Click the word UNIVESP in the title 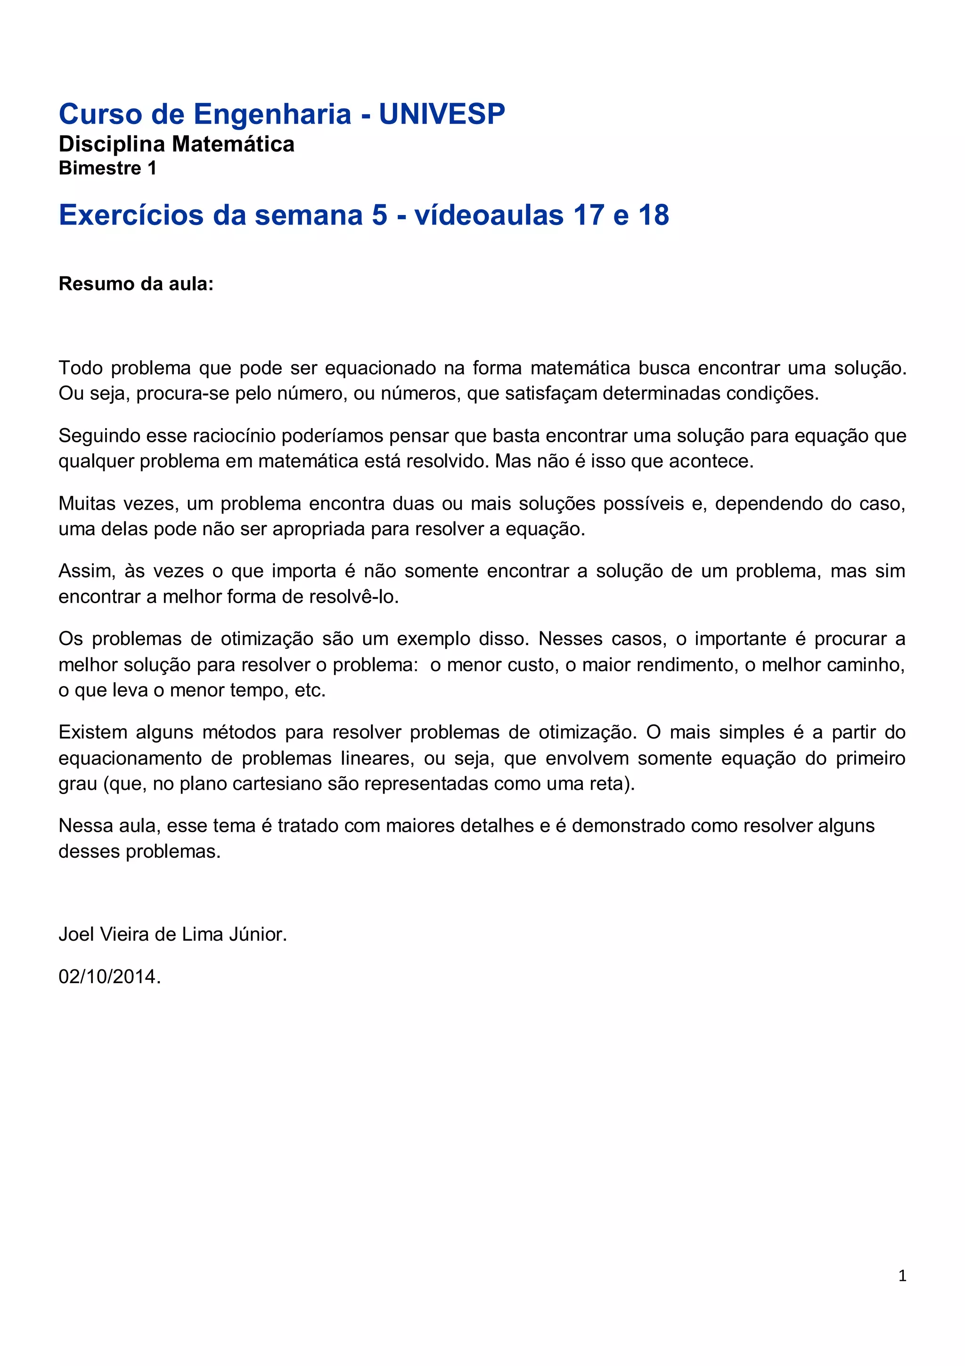coord(442,114)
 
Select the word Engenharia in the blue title coord(272,114)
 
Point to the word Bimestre coord(100,168)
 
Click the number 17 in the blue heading coord(590,215)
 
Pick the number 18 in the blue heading coord(654,215)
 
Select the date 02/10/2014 coord(109,977)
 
